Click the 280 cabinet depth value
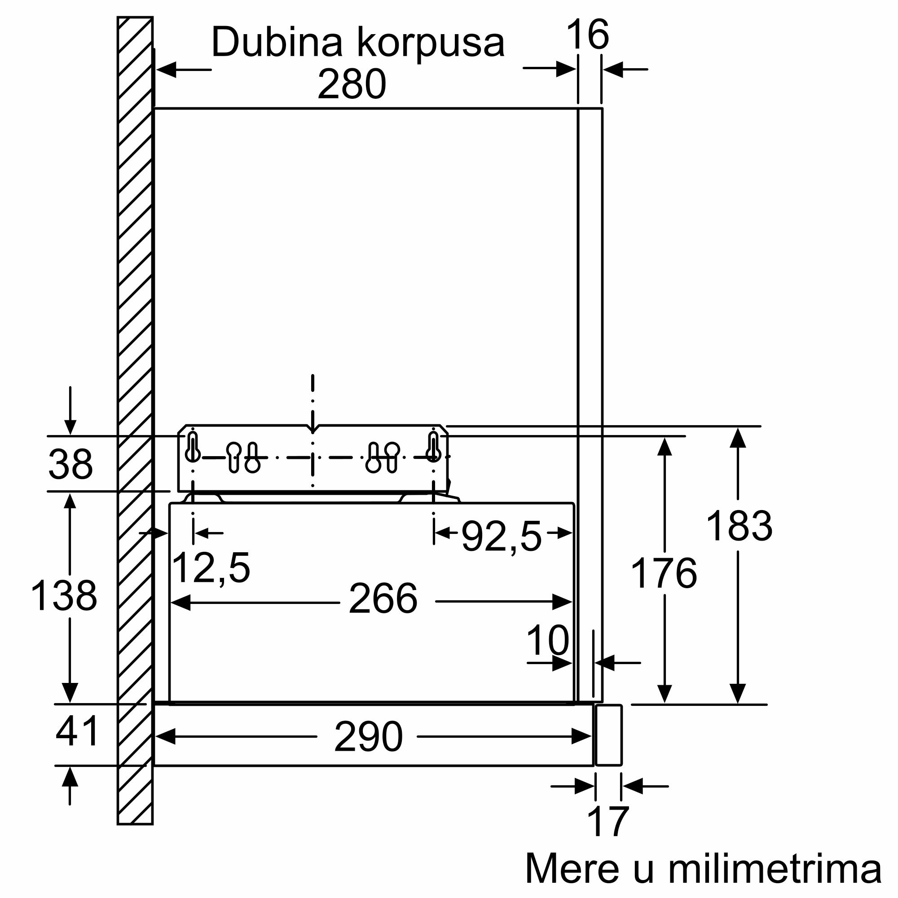coord(352,84)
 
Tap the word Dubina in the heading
coord(277,42)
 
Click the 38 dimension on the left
coord(70,464)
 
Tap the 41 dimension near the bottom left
coord(77,731)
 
